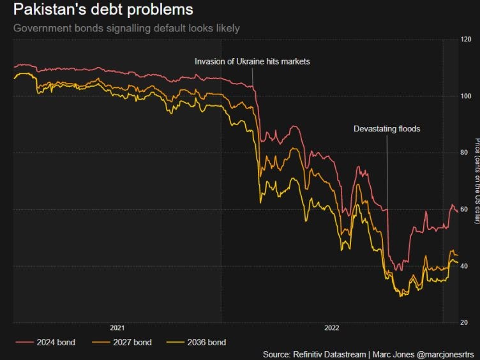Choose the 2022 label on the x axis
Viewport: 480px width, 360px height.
(332, 328)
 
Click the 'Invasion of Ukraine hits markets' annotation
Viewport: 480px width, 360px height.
(251, 61)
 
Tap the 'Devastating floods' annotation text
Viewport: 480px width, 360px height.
(387, 129)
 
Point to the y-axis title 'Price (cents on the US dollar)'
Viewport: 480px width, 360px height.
(477, 181)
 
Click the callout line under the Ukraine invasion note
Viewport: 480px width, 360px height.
(252, 77)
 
